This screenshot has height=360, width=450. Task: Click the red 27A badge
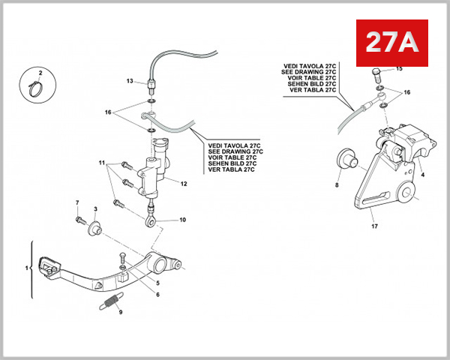(391, 43)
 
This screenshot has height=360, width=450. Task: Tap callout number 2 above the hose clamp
(40, 73)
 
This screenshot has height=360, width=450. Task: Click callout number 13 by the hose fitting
(129, 81)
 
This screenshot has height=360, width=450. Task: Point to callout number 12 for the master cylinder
(184, 183)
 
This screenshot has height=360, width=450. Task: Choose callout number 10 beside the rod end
(181, 220)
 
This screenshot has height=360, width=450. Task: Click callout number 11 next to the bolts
(101, 163)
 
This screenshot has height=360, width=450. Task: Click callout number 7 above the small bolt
(77, 203)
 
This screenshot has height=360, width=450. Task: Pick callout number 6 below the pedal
(157, 294)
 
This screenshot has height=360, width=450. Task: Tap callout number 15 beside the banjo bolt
(399, 69)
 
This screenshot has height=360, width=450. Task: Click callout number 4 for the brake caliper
(423, 174)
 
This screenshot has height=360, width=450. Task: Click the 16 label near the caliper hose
(407, 91)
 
